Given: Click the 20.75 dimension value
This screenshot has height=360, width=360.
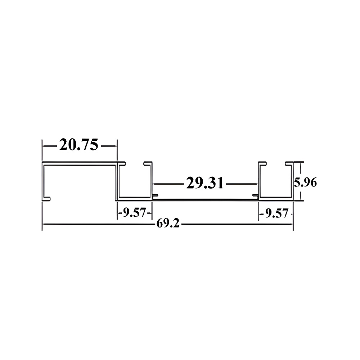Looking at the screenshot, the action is (x=79, y=145).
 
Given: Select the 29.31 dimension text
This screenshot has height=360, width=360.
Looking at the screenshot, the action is (x=205, y=183).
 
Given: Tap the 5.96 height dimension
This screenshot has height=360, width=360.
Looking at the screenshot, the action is (x=305, y=182).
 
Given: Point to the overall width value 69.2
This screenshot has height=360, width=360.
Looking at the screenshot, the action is (x=168, y=224).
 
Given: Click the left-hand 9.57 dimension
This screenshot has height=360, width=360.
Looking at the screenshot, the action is (x=134, y=213).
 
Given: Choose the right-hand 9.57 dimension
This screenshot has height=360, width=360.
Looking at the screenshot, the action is (x=276, y=213).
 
